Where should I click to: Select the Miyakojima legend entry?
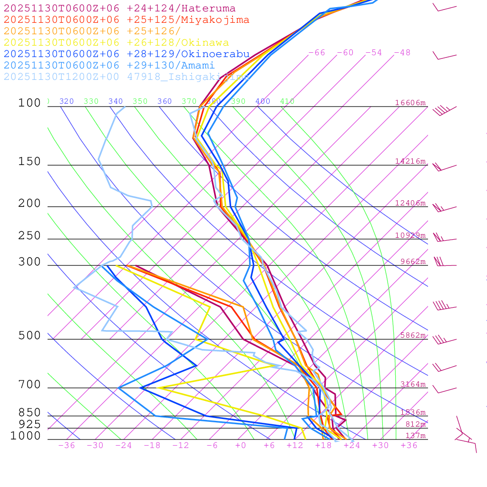click(x=126, y=20)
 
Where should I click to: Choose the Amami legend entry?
click(x=109, y=66)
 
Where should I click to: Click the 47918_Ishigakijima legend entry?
click(x=126, y=77)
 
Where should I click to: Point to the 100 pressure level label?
click(x=29, y=103)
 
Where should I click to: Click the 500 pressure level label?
click(x=29, y=336)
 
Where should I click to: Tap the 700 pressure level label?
click(x=29, y=384)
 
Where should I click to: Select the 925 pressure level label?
click(x=29, y=424)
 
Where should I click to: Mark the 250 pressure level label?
click(x=29, y=236)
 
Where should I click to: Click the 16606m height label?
click(x=410, y=103)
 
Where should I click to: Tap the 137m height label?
click(x=415, y=436)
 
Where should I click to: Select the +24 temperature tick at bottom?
click(x=351, y=446)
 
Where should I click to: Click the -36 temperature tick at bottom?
click(x=66, y=446)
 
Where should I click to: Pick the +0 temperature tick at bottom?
click(x=241, y=446)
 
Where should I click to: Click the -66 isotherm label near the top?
click(x=317, y=53)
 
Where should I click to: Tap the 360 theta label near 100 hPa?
click(x=165, y=101)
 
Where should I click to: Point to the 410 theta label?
click(x=287, y=101)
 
